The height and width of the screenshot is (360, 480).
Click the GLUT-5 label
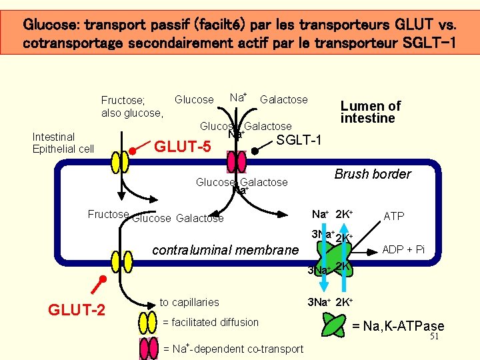pyautogui.click(x=182, y=145)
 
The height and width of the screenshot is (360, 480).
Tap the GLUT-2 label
pyautogui.click(x=77, y=309)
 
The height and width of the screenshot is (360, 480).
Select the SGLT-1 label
pyautogui.click(x=299, y=140)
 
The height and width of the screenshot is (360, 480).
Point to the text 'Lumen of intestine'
pyautogui.click(x=371, y=112)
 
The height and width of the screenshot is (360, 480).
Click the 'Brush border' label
pyautogui.click(x=373, y=174)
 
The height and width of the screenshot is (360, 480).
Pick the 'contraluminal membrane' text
pyautogui.click(x=226, y=250)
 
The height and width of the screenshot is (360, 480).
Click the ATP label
pyautogui.click(x=394, y=216)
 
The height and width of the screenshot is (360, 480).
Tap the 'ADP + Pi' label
pyautogui.click(x=403, y=249)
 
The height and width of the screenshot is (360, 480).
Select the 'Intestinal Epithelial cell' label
pyautogui.click(x=63, y=143)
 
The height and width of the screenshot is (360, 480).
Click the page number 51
pyautogui.click(x=434, y=337)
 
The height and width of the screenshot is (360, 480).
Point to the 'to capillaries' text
pyautogui.click(x=189, y=302)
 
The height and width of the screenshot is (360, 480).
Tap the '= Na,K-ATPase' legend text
pyautogui.click(x=398, y=326)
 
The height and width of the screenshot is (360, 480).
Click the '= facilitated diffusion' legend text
pyautogui.click(x=211, y=323)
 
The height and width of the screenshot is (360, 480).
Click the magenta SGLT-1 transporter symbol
pyautogui.click(x=237, y=161)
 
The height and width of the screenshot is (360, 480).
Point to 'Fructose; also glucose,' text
pyautogui.click(x=132, y=107)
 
